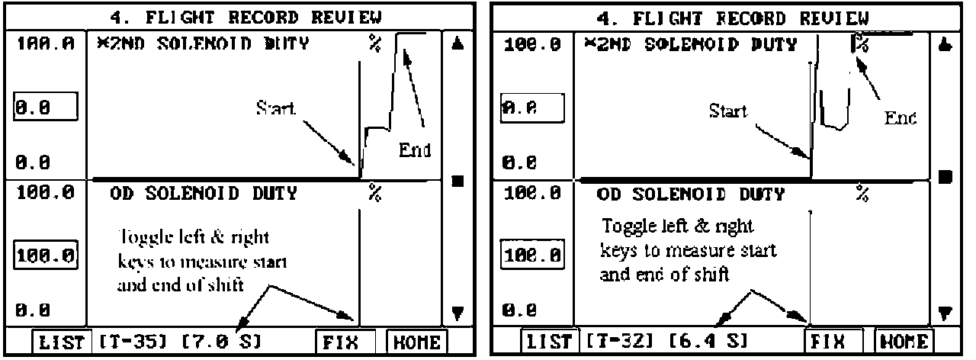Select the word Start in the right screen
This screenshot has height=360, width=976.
click(728, 111)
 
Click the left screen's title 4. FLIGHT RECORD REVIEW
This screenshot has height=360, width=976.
click(243, 16)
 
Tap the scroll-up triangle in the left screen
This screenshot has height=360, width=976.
click(457, 45)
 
